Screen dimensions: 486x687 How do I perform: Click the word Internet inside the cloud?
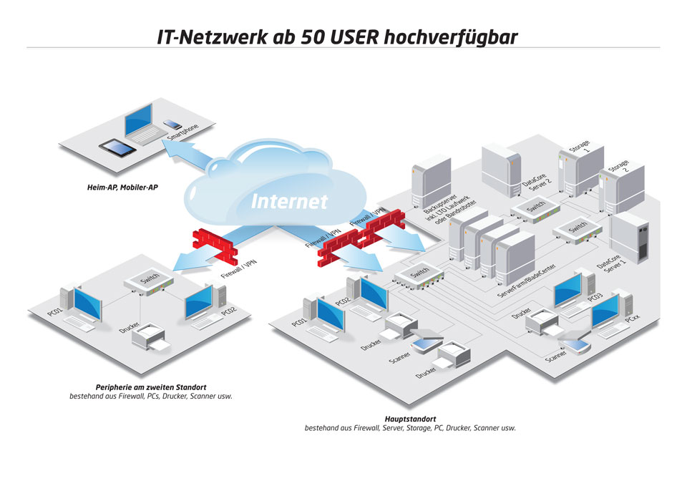coord(290,201)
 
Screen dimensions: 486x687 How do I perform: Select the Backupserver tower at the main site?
coord(431,181)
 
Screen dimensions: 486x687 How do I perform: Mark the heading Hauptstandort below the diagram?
coord(410,419)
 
